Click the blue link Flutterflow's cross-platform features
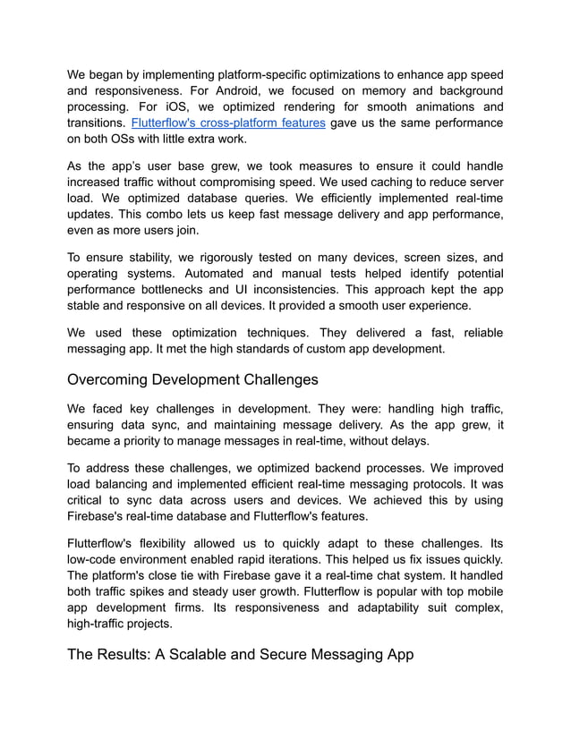228,123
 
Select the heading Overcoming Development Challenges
192,379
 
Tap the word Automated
210,273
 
